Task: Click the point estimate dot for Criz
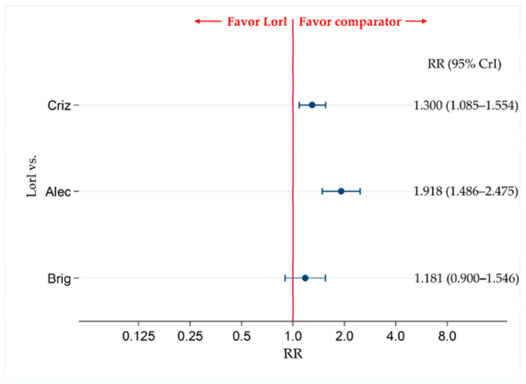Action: tap(312, 105)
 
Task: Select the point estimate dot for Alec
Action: tap(341, 191)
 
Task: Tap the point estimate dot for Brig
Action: tap(305, 278)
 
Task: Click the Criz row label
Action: tap(59, 105)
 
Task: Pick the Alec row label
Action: tap(58, 192)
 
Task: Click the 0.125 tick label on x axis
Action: tap(139, 336)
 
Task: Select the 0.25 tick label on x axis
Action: tap(190, 336)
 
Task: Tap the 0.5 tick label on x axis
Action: tap(241, 336)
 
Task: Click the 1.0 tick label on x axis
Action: tap(293, 336)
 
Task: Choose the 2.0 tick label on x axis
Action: tap(344, 336)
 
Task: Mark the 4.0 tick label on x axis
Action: tap(395, 336)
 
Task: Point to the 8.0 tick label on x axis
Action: tap(447, 336)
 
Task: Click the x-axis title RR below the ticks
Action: tap(293, 354)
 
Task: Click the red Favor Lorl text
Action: tap(257, 22)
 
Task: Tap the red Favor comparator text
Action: tap(350, 22)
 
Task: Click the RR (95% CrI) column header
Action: tap(464, 64)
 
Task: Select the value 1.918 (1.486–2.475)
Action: tap(465, 191)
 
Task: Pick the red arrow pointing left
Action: tap(208, 21)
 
